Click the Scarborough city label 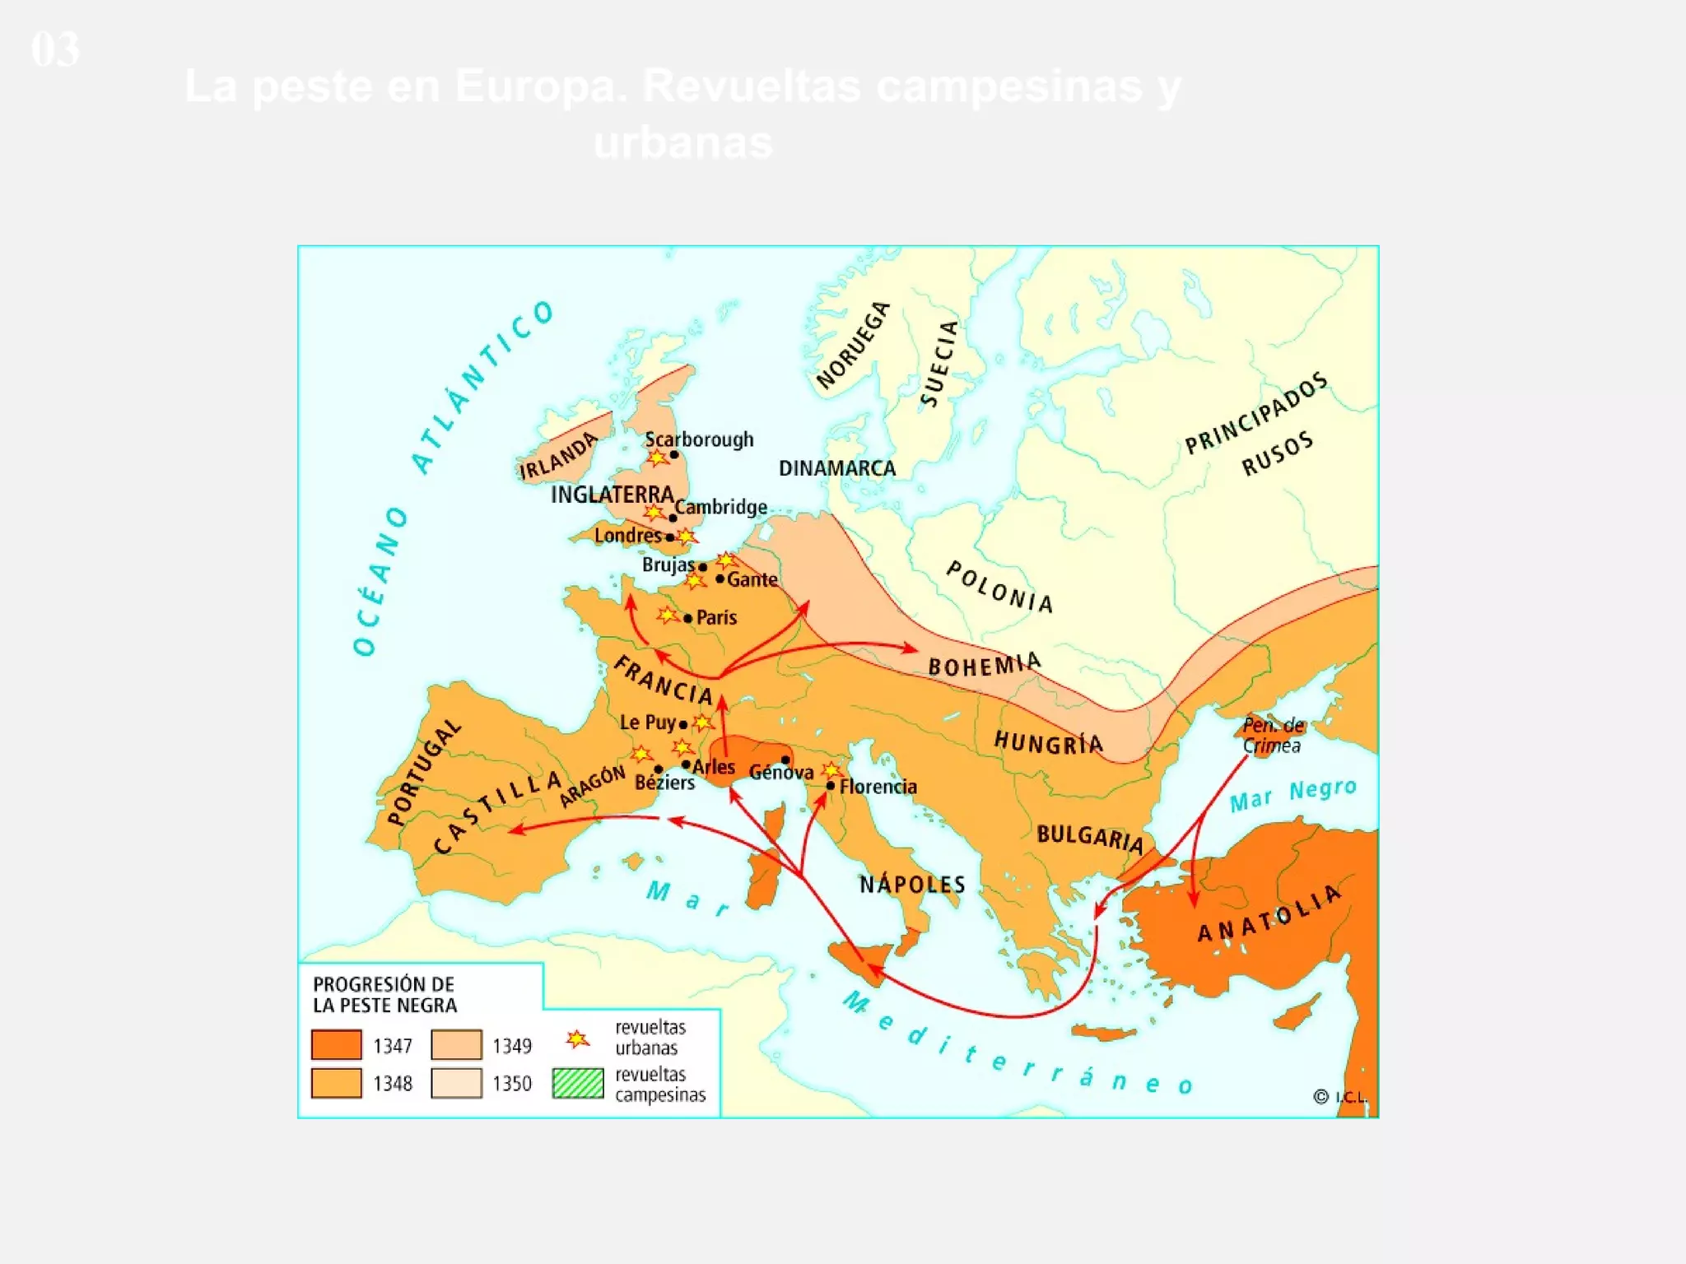[x=699, y=439]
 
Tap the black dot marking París [x=688, y=618]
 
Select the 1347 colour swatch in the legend [x=336, y=1045]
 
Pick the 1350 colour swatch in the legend [x=456, y=1083]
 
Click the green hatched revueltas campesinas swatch [x=578, y=1083]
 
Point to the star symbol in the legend [x=578, y=1039]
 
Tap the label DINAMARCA [x=836, y=468]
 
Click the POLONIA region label [x=999, y=587]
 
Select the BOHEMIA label [x=985, y=664]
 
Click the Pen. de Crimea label [x=1273, y=736]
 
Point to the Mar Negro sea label [x=1292, y=795]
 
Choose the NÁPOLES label [x=912, y=885]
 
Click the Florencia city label [x=878, y=787]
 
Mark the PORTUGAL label [x=424, y=773]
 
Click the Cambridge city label [x=721, y=507]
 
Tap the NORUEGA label [x=854, y=345]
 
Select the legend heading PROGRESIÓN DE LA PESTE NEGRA [x=384, y=994]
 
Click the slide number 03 [x=55, y=49]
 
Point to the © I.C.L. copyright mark [x=1339, y=1097]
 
